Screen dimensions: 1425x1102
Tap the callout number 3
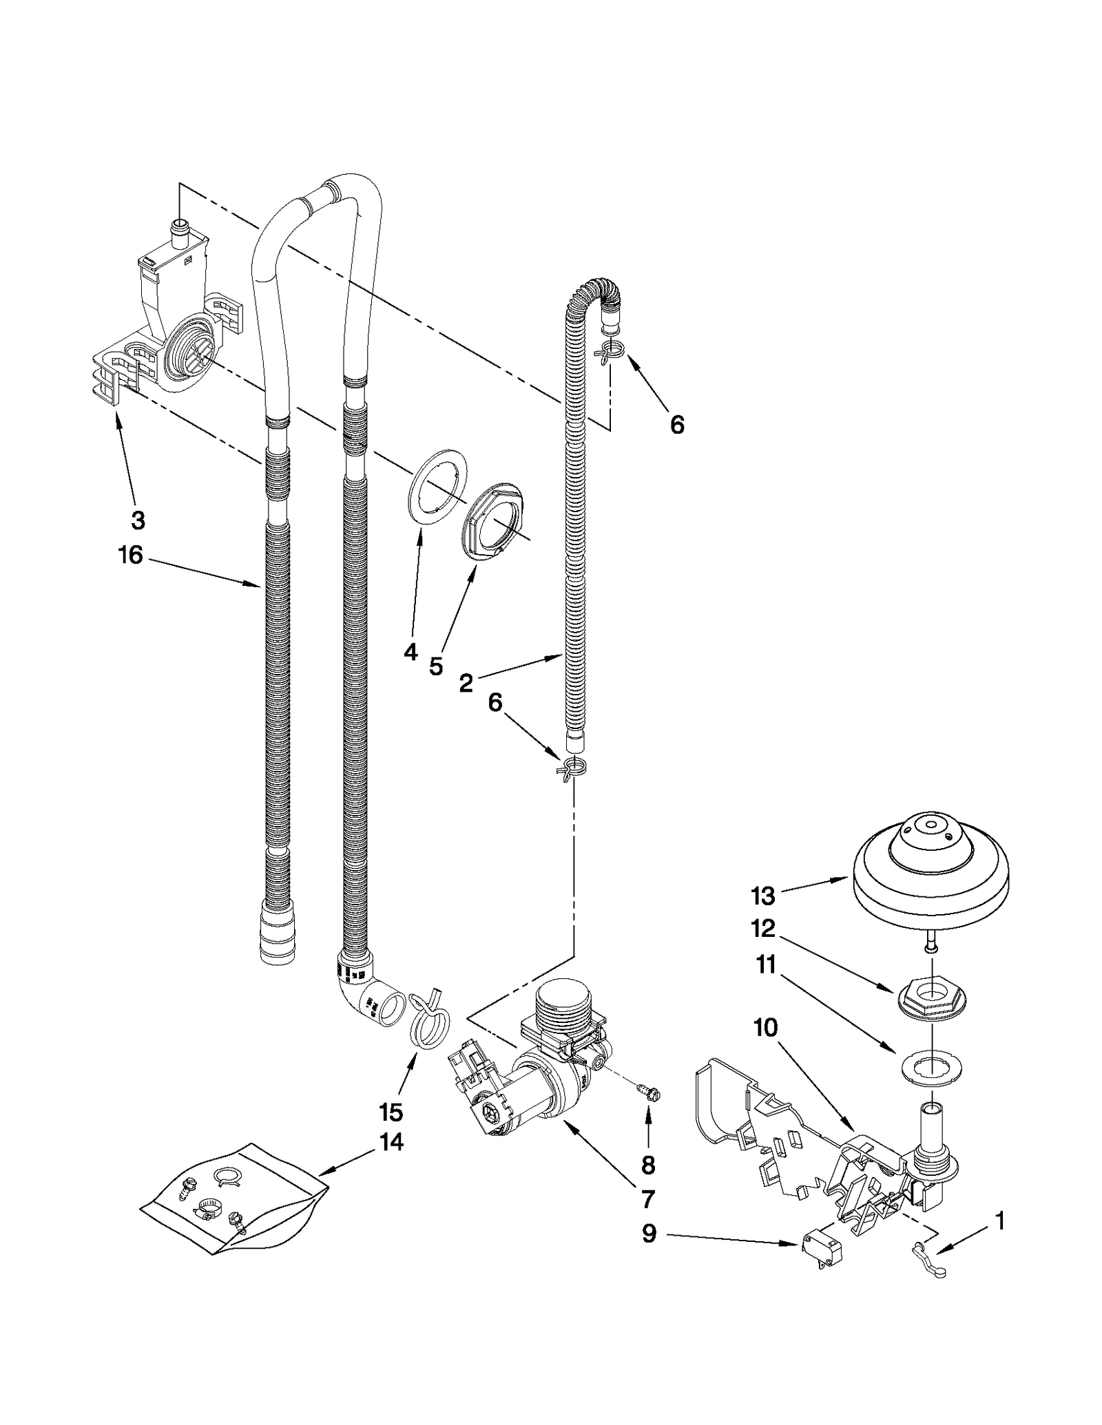(138, 520)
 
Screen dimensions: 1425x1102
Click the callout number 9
(649, 1234)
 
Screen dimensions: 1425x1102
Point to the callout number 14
(391, 1142)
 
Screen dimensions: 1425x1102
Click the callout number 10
(765, 1028)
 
